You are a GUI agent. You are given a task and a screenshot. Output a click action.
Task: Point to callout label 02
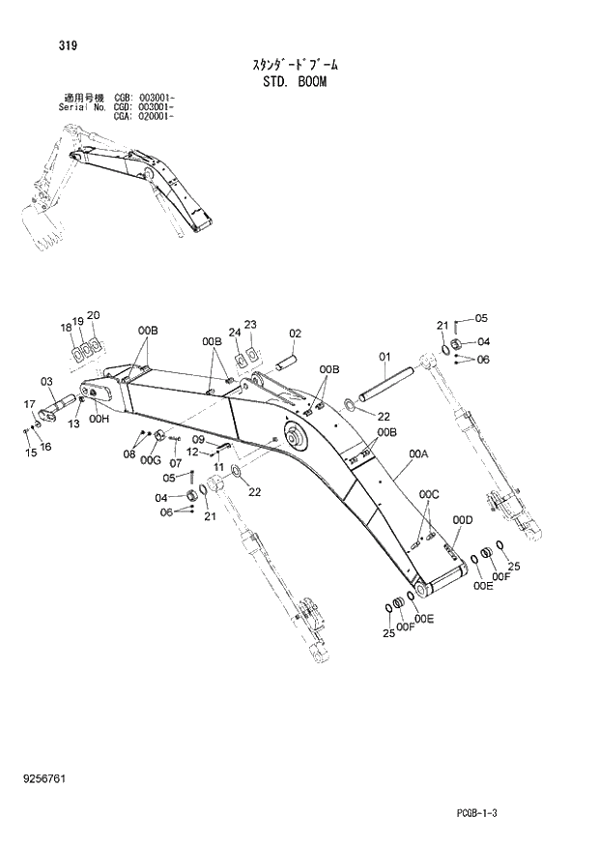(x=297, y=334)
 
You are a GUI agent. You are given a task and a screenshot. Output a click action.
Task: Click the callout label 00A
(x=418, y=452)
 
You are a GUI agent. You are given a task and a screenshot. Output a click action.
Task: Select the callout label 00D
(x=464, y=520)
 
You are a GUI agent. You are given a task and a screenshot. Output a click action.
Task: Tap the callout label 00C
(x=429, y=495)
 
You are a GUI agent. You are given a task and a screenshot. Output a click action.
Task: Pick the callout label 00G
(x=150, y=462)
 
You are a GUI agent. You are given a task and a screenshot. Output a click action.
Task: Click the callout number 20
(x=94, y=314)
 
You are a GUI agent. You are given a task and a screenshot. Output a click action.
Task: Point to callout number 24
(x=233, y=333)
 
